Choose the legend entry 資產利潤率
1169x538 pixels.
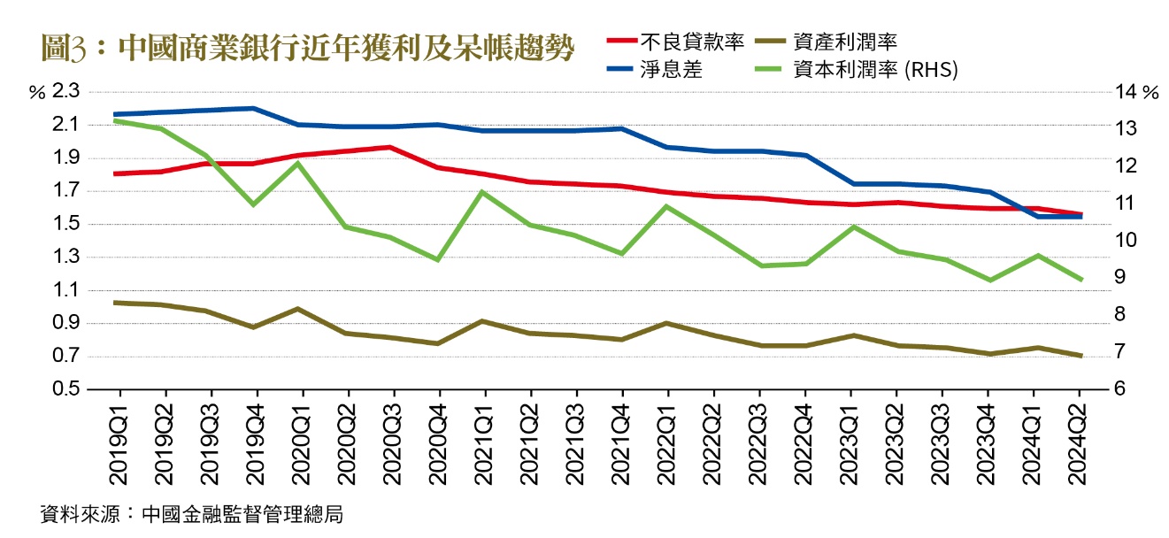pos(848,41)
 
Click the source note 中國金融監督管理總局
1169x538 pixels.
pos(242,515)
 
